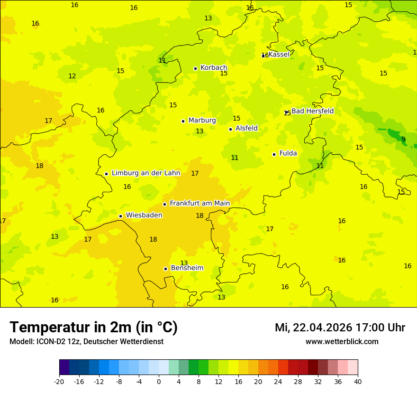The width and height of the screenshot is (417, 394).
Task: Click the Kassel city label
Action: tap(279, 55)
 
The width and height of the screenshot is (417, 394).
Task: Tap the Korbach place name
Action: tap(214, 68)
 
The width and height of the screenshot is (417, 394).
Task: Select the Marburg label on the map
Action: tap(202, 121)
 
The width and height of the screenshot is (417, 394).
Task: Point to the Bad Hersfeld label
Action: tap(312, 111)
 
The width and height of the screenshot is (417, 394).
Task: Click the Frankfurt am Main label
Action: tap(199, 204)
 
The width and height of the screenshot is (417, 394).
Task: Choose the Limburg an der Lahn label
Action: tap(146, 173)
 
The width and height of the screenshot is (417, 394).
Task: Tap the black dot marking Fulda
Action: tap(274, 154)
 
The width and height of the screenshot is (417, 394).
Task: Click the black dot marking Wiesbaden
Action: tap(120, 216)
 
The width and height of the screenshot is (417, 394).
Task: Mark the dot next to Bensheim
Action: tap(165, 269)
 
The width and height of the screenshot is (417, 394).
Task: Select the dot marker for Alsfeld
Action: tap(230, 129)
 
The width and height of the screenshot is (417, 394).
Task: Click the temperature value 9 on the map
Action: tap(403, 139)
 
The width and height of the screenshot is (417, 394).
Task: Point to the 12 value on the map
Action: tap(72, 76)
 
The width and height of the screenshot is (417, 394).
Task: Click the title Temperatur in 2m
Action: tap(93, 328)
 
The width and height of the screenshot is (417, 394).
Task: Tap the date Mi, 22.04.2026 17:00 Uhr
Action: tap(340, 328)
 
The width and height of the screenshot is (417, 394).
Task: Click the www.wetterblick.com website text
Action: tap(342, 342)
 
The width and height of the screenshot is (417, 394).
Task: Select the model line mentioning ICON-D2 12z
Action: tap(86, 342)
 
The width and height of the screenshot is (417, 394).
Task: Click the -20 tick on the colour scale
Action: tap(59, 381)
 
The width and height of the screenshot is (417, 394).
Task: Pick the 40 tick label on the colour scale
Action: tap(358, 381)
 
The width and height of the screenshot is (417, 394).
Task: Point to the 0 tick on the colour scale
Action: tap(159, 381)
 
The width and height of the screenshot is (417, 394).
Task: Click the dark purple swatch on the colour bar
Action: tap(64, 367)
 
